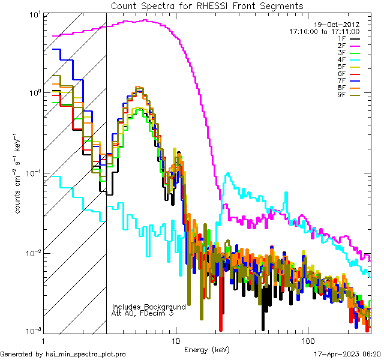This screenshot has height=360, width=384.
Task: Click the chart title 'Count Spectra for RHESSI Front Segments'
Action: [x=207, y=5]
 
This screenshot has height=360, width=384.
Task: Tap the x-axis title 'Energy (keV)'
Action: [x=207, y=349]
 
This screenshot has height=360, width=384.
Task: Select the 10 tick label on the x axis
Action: [x=175, y=340]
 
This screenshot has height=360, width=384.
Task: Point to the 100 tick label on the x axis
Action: [x=307, y=340]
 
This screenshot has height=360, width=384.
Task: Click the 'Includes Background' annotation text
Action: [x=149, y=307]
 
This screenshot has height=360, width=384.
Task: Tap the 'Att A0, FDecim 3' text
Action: [x=143, y=313]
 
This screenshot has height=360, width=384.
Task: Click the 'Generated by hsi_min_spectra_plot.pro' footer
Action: [x=63, y=354]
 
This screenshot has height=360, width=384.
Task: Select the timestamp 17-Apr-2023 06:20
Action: [x=346, y=354]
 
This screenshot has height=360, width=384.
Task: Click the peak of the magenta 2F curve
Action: [x=146, y=20]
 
